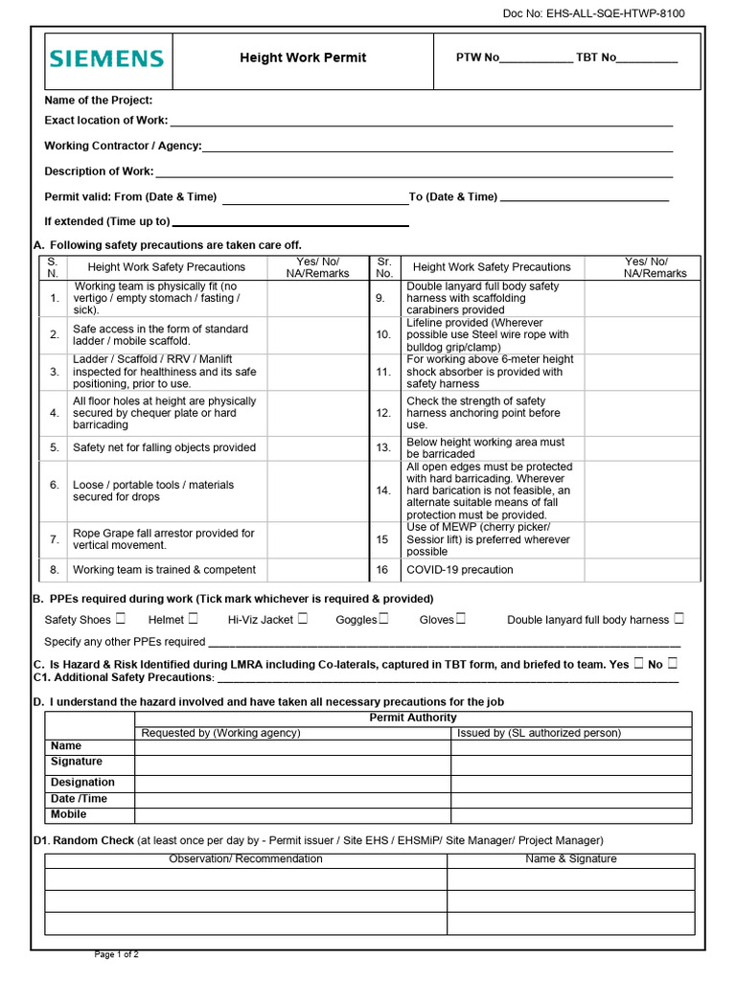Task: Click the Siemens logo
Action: pyautogui.click(x=106, y=59)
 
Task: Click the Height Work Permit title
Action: pyautogui.click(x=303, y=57)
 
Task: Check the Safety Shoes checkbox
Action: pyautogui.click(x=120, y=619)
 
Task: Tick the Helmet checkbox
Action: pyautogui.click(x=194, y=619)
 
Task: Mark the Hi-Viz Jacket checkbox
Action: pyautogui.click(x=303, y=619)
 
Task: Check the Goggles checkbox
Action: pyautogui.click(x=383, y=619)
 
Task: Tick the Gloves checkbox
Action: pyautogui.click(x=461, y=619)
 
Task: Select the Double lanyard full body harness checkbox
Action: pyautogui.click(x=678, y=619)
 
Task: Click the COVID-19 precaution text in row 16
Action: pyautogui.click(x=459, y=570)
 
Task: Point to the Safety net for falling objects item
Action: pyautogui.click(x=164, y=447)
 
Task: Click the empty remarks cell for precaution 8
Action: pyautogui.click(x=318, y=570)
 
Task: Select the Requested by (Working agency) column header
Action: pyautogui.click(x=220, y=733)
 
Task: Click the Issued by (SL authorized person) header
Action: pyautogui.click(x=539, y=733)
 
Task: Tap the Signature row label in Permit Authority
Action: pyautogui.click(x=77, y=762)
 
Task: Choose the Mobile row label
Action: pyautogui.click(x=68, y=814)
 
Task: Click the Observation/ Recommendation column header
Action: pyautogui.click(x=245, y=859)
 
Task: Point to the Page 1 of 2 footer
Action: pyautogui.click(x=116, y=954)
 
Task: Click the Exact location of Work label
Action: pyautogui.click(x=105, y=121)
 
